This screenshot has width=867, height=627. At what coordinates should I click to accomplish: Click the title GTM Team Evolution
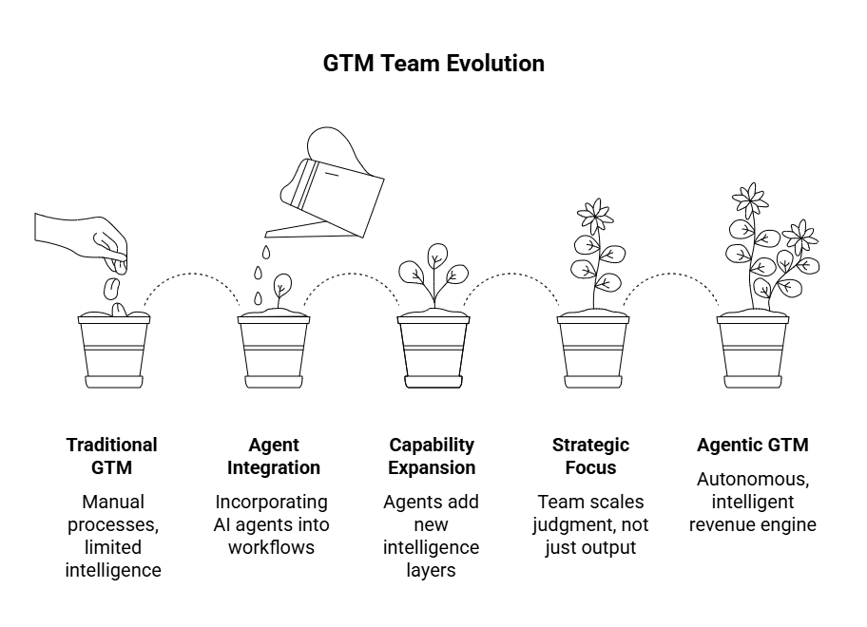coord(433,64)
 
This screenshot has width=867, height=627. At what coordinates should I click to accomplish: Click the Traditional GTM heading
coord(112,456)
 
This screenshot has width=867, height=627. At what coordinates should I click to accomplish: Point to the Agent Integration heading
coord(274,456)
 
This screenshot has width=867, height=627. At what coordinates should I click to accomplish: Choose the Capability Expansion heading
coord(433,456)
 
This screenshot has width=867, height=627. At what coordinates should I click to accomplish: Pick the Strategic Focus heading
coord(590,456)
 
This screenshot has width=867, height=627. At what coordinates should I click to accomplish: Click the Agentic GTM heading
coord(753,445)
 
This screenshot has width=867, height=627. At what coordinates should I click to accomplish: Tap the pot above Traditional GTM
coord(114,351)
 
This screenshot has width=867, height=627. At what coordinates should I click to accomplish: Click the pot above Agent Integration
coord(274,351)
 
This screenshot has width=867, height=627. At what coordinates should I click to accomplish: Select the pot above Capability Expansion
coord(433,351)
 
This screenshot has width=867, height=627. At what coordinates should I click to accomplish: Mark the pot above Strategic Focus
coord(593,351)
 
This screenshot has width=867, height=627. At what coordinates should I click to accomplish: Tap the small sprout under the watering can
coord(281,288)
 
